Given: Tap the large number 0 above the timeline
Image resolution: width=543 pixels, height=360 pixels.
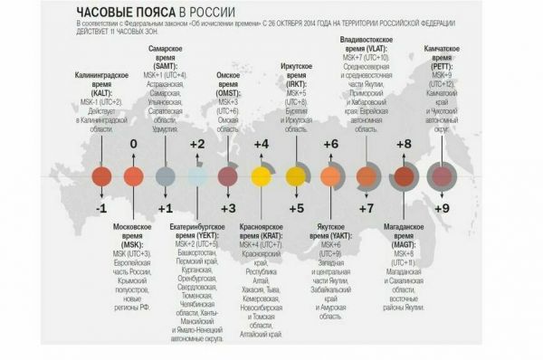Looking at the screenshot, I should [x=133, y=144].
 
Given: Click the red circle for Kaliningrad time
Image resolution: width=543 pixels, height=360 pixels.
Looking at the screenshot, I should [x=101, y=176].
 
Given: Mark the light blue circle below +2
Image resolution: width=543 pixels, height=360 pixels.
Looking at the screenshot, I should [x=198, y=176].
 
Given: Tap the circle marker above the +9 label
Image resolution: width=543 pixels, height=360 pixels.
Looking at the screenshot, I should [x=442, y=176].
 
